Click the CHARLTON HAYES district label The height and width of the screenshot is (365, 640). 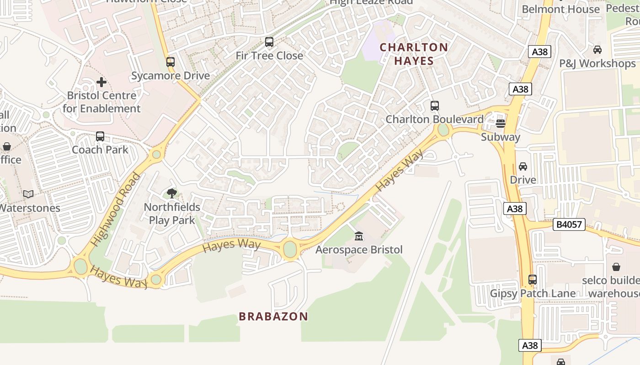pyautogui.click(x=414, y=54)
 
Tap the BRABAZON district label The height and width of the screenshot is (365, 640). pyautogui.click(x=273, y=316)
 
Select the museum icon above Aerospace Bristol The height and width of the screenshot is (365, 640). pyautogui.click(x=359, y=236)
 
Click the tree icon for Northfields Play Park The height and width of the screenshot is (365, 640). pyautogui.click(x=172, y=193)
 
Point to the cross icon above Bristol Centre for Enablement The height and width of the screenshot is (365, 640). pyautogui.click(x=101, y=82)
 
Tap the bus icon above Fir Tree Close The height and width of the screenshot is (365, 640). pyautogui.click(x=269, y=42)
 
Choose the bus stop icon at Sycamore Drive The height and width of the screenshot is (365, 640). pyautogui.click(x=171, y=62)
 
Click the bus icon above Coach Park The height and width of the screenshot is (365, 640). pyautogui.click(x=100, y=136)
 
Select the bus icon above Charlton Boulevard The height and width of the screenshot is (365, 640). pyautogui.click(x=435, y=106)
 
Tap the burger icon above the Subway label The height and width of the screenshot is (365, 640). pyautogui.click(x=501, y=123)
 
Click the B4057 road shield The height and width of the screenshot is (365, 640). pyautogui.click(x=569, y=224)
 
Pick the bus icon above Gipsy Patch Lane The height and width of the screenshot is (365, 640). pyautogui.click(x=533, y=279)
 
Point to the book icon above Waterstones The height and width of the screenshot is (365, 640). pyautogui.click(x=28, y=194)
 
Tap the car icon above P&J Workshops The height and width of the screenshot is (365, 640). pyautogui.click(x=597, y=50)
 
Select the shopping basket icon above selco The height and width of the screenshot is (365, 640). pyautogui.click(x=616, y=266)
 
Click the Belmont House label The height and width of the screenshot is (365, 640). pyautogui.click(x=560, y=9)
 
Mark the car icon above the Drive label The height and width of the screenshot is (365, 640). pyautogui.click(x=523, y=167)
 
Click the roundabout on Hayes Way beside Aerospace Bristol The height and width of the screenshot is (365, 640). pyautogui.click(x=290, y=249)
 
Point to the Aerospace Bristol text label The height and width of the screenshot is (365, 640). pyautogui.click(x=359, y=250)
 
